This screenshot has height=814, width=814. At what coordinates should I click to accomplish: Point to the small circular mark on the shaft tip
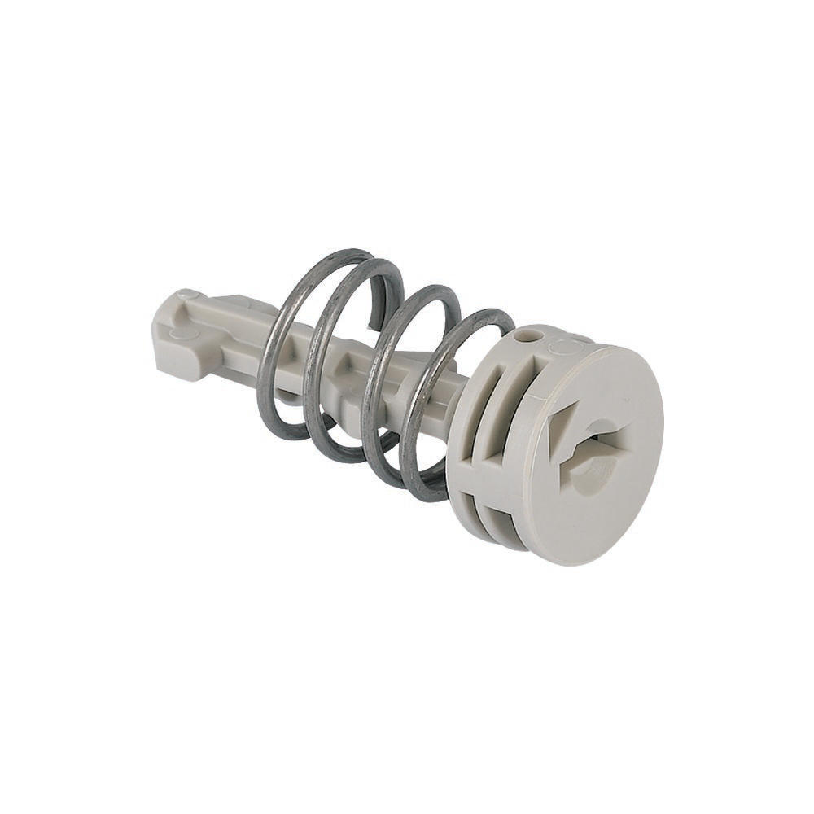tap(188, 294)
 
